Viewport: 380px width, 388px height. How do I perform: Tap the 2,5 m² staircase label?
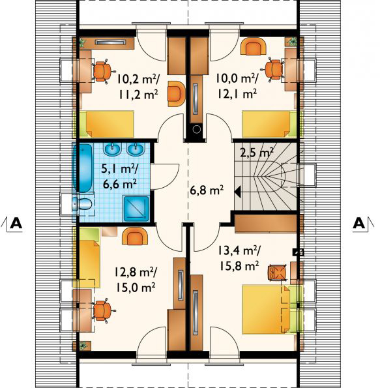click(257, 153)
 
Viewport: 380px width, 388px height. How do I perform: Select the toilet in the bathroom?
click(83, 204)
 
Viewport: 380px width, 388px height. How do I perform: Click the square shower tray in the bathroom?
click(136, 209)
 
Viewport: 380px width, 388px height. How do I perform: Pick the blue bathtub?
click(83, 168)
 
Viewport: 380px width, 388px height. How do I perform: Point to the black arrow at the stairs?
click(237, 192)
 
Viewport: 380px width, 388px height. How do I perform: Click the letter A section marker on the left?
click(16, 223)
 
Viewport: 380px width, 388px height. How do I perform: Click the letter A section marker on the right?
click(359, 223)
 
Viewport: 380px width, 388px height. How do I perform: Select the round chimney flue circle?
click(197, 128)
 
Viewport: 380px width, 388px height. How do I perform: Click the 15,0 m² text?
click(135, 288)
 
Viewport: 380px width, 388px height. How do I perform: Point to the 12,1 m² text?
click(237, 94)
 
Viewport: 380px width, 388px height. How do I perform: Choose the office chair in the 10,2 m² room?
click(102, 71)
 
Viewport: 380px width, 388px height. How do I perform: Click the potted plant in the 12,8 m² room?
click(83, 346)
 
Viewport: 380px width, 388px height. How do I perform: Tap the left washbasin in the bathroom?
click(113, 149)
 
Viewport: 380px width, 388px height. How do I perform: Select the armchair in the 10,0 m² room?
click(254, 46)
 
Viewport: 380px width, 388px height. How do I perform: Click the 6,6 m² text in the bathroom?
click(120, 185)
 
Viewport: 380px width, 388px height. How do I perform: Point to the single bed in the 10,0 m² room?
click(269, 124)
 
